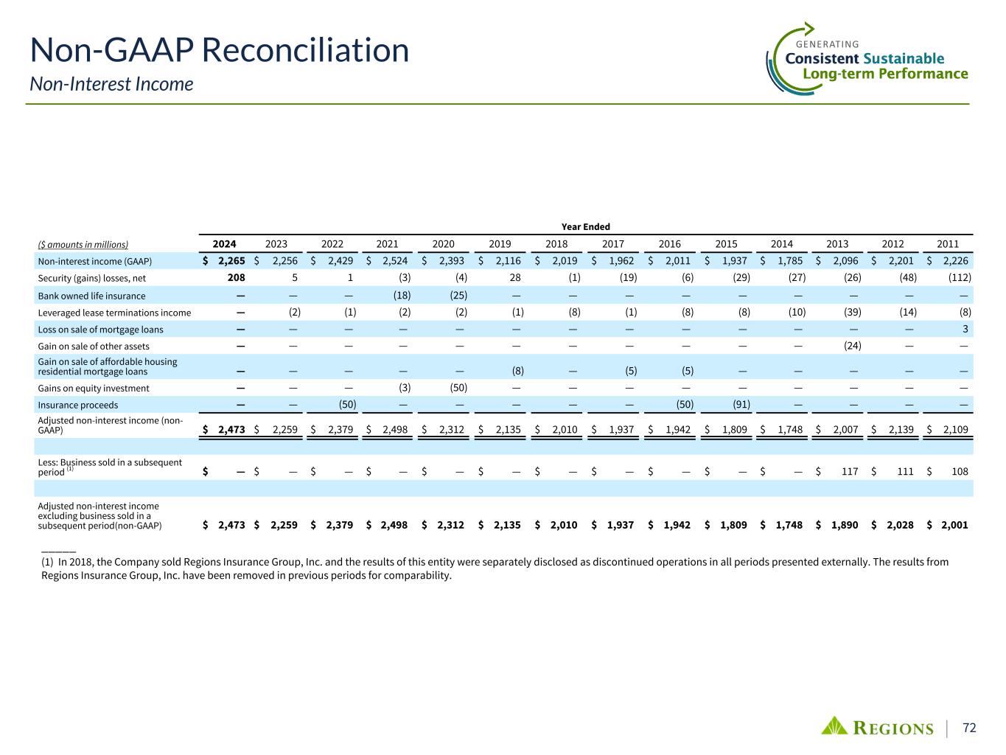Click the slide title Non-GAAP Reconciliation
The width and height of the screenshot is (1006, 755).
pyautogui.click(x=219, y=51)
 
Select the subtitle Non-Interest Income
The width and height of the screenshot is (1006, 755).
pyautogui.click(x=111, y=84)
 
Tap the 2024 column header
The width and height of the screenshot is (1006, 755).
pyautogui.click(x=224, y=244)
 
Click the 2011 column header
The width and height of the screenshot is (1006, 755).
pyautogui.click(x=948, y=244)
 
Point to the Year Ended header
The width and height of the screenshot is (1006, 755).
pyautogui.click(x=586, y=227)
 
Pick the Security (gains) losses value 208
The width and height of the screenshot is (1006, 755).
pyautogui.click(x=236, y=278)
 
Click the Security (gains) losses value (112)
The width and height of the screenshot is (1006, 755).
pyautogui.click(x=960, y=278)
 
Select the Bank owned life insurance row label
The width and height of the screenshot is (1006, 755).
pyautogui.click(x=91, y=296)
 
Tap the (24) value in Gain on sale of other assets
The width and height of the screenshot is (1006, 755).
pyautogui.click(x=852, y=346)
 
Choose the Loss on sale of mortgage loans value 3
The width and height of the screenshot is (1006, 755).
pyautogui.click(x=965, y=330)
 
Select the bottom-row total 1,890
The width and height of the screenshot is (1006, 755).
pyautogui.click(x=845, y=526)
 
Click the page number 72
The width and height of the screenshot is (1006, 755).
pyautogui.click(x=969, y=728)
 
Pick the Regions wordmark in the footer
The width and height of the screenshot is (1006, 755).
pyautogui.click(x=893, y=728)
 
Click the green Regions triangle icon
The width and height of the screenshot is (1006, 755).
pyautogui.click(x=835, y=726)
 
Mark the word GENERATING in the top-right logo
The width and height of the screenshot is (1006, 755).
pyautogui.click(x=828, y=44)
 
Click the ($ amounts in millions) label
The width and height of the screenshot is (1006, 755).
pyautogui.click(x=83, y=245)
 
